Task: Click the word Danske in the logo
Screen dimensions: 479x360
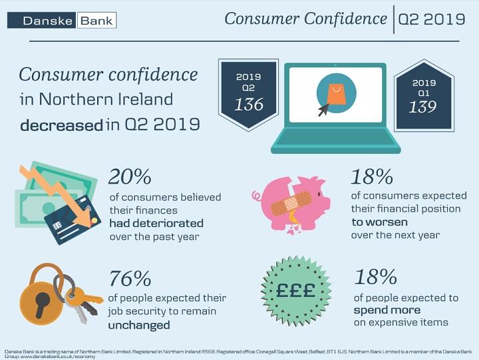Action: point(48,21)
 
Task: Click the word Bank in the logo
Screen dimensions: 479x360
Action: point(96,21)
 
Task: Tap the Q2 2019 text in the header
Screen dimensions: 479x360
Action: point(432,19)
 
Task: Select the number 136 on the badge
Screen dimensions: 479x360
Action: point(249,104)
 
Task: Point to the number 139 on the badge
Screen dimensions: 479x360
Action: point(423,107)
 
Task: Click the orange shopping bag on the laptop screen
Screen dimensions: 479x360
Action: point(336,94)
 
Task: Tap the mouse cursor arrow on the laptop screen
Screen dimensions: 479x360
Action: point(323,110)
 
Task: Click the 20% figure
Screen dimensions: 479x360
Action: point(130,176)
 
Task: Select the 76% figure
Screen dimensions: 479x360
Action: point(130,278)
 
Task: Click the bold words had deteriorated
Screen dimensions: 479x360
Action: point(156,224)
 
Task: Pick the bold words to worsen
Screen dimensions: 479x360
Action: point(379,222)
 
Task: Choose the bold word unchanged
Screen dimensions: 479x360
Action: point(139,325)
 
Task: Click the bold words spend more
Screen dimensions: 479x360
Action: point(387,311)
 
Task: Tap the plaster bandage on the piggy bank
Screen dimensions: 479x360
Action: point(291,202)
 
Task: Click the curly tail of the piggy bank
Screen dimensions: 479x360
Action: point(257,196)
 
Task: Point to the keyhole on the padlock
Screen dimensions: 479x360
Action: point(41,303)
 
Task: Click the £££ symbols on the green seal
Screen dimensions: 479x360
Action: point(295,290)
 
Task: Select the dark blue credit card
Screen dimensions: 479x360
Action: point(73,220)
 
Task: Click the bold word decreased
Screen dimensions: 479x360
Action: point(61,126)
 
